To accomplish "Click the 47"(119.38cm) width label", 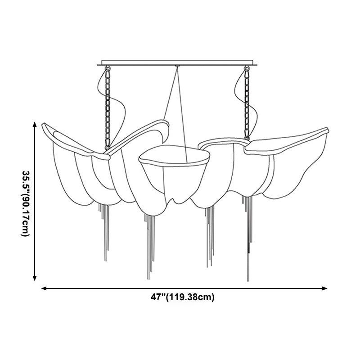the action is [x=182, y=297].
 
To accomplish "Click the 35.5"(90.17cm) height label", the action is [x=25, y=203].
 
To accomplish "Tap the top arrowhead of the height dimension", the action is [x=35, y=124].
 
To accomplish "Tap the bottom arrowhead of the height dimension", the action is [x=35, y=278].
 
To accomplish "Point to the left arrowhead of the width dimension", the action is [x=44, y=288].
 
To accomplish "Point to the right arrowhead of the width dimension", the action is [x=324, y=288].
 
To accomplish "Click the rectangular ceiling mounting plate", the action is [x=177, y=63].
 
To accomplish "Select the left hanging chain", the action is [x=108, y=108].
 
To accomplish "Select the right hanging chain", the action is [x=247, y=103].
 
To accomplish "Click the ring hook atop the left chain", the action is [x=108, y=68].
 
